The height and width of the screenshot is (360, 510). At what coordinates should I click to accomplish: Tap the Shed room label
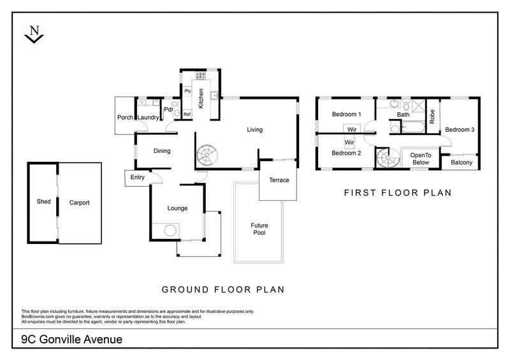tap(43, 203)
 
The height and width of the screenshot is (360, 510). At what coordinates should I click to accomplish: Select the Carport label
tap(79, 203)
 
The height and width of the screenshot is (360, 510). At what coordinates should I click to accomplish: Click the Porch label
tap(125, 117)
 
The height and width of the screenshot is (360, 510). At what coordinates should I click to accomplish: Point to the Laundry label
tap(148, 117)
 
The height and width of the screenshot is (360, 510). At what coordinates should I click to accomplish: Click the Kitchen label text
tap(201, 99)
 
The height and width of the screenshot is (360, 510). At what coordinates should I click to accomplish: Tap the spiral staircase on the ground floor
tap(207, 155)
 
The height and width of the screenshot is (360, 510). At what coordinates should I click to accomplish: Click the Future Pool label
tap(258, 229)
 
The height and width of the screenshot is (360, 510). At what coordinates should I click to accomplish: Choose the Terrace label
tap(279, 180)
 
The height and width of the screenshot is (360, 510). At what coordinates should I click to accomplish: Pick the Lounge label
tap(177, 208)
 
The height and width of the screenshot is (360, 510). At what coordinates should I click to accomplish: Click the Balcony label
tap(462, 162)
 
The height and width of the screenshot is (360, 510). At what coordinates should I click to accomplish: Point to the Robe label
tap(432, 116)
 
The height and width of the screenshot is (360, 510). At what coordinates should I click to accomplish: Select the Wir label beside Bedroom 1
tap(351, 129)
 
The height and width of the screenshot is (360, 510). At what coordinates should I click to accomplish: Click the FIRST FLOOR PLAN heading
tap(398, 192)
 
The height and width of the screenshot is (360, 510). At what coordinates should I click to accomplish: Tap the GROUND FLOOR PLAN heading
tap(222, 289)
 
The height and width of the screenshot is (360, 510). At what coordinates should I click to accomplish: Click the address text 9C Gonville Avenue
tap(63, 340)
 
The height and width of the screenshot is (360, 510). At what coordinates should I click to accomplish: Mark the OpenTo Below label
tap(421, 159)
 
